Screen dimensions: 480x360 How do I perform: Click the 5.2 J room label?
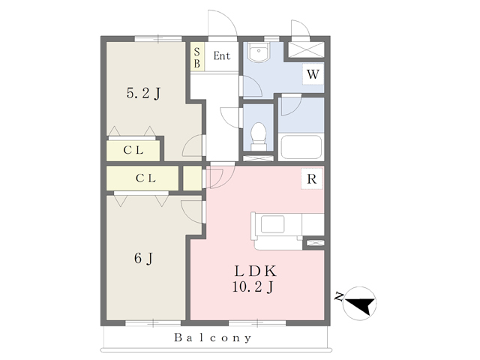pyautogui.click(x=143, y=93)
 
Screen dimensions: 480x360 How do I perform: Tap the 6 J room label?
pyautogui.click(x=143, y=258)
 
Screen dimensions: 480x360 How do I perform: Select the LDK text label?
pyautogui.click(x=255, y=271)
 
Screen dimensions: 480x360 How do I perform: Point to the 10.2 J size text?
pyautogui.click(x=253, y=287)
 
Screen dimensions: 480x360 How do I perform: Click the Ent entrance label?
pyautogui.click(x=222, y=56)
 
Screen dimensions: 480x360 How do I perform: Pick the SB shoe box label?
pyautogui.click(x=197, y=58)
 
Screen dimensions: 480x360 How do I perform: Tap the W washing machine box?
pyautogui.click(x=313, y=74)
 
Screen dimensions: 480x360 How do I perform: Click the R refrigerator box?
pyautogui.click(x=312, y=178)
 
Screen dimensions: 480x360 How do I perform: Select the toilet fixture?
pyautogui.click(x=259, y=136)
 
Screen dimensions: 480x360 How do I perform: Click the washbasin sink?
pyautogui.click(x=259, y=52)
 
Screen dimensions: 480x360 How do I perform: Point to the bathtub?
pyautogui.click(x=301, y=147)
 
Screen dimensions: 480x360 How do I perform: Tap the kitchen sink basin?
pyautogui.click(x=272, y=223)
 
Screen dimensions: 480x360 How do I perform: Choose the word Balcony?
pyautogui.click(x=213, y=338)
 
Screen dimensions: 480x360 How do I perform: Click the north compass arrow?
pyautogui.click(x=361, y=304)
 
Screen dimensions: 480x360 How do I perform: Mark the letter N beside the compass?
pyautogui.click(x=339, y=297)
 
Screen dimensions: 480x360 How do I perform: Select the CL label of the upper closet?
pyautogui.click(x=133, y=150)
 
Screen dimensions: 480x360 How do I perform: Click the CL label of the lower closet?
pyautogui.click(x=145, y=178)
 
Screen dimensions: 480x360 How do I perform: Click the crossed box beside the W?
pyautogui.click(x=306, y=49)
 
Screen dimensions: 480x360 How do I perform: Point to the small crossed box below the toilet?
pyautogui.click(x=258, y=158)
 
